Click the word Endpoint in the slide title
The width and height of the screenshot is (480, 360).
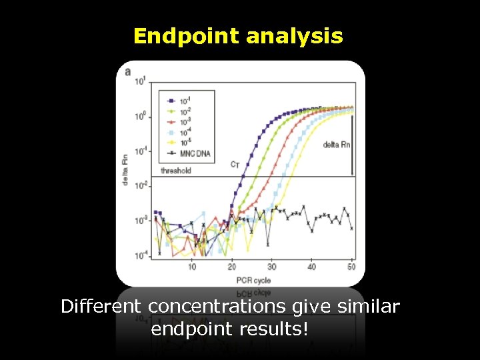pyautogui.click(x=187, y=36)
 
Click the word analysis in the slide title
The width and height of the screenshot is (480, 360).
pyautogui.click(x=294, y=36)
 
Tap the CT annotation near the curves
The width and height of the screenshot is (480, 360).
pyautogui.click(x=235, y=164)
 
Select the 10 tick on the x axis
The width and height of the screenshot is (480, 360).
pyautogui.click(x=192, y=267)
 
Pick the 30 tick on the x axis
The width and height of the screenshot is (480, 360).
pyautogui.click(x=272, y=267)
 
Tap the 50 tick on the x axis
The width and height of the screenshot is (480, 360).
pyautogui.click(x=351, y=267)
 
